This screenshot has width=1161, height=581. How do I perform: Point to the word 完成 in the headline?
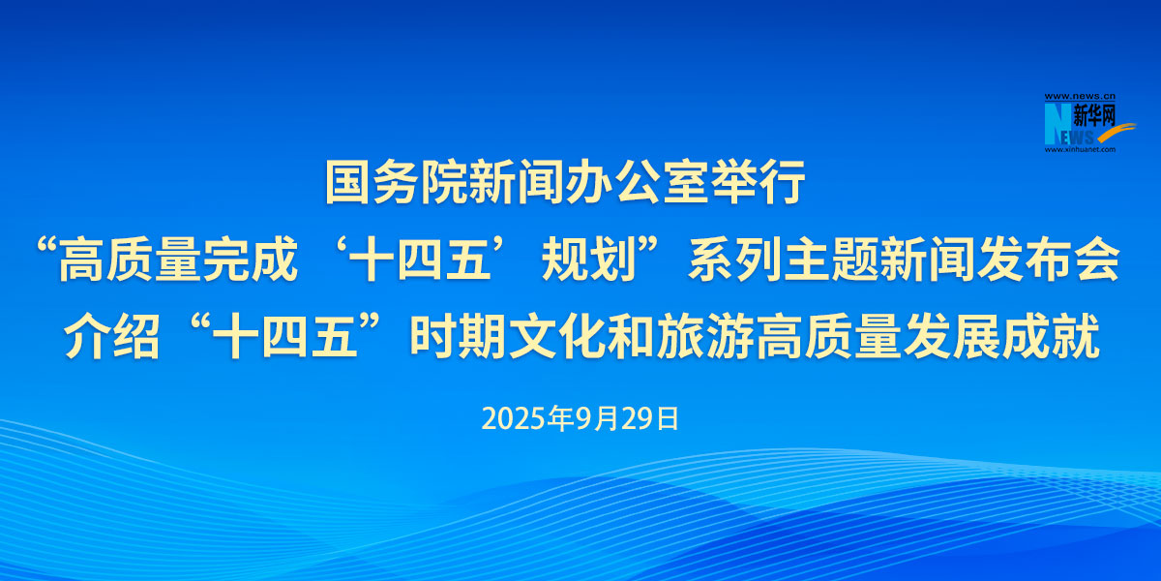pyautogui.click(x=251, y=260)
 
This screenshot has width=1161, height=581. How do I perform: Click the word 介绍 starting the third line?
pyautogui.click(x=111, y=336)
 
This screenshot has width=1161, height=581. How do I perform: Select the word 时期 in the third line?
pyautogui.click(x=459, y=336)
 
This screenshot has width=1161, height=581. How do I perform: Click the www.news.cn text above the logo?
pyautogui.click(x=1080, y=97)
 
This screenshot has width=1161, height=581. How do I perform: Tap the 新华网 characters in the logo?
pyautogui.click(x=1093, y=115)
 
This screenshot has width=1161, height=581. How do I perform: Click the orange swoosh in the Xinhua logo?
pyautogui.click(x=1115, y=133)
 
